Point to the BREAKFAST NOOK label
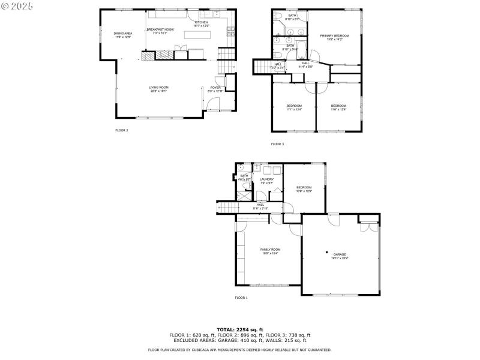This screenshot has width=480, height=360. coord(160,31)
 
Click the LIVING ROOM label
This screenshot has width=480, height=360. coord(158,89)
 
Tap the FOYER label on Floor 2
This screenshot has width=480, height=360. coord(215,89)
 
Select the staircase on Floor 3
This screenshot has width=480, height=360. coord(262,65)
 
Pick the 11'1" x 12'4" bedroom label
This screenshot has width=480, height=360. coord(294,107)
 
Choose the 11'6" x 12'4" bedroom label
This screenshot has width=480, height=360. coord(339,107)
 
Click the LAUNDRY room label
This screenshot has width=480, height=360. coord(266,181)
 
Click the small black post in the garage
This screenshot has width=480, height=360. coord(326,252)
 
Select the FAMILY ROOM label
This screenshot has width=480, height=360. coord(270,251)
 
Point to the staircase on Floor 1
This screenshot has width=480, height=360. coord(226,208)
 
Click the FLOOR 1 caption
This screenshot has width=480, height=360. coord(241,298)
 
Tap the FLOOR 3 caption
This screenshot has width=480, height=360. coord(277,144)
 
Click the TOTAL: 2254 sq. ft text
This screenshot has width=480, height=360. coord(240,329)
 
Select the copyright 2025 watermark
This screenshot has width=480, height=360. coord(17,5)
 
